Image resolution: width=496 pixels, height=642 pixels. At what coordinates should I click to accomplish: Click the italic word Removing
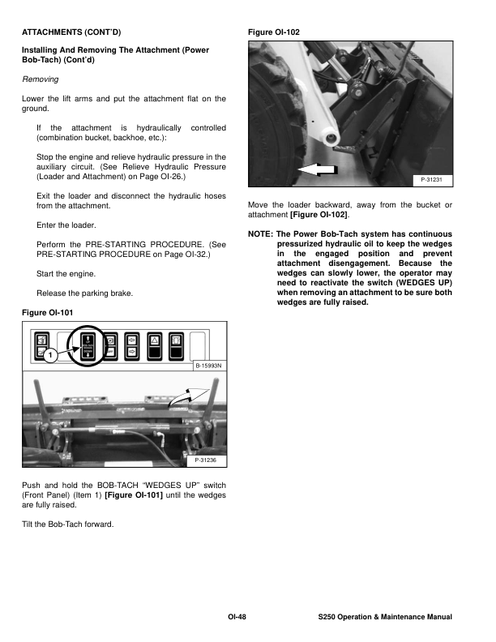tap(40, 80)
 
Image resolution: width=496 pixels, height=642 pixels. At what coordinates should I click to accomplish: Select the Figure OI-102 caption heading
tap(273, 32)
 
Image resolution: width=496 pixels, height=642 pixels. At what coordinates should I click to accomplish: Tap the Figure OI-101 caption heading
tap(49, 312)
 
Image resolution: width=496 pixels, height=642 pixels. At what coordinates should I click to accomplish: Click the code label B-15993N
tap(209, 366)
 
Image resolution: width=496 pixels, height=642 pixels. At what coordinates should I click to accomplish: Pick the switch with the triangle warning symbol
tap(152, 345)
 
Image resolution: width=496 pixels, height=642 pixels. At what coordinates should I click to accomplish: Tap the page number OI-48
tap(236, 618)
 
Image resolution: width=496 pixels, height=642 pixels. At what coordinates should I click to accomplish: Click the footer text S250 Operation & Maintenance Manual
tap(385, 618)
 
